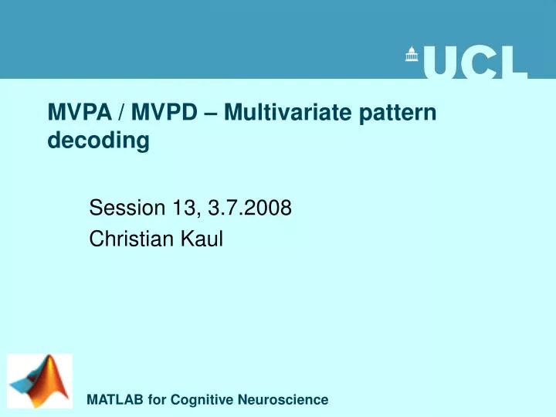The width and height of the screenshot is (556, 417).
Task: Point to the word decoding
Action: (98, 141)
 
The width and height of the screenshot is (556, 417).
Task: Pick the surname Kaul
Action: (202, 239)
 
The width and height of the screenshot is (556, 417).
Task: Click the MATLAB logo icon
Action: (40, 381)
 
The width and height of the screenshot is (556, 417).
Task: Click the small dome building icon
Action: (412, 54)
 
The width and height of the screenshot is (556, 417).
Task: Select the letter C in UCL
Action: (480, 63)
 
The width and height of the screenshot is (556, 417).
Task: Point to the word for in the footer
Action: (158, 400)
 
